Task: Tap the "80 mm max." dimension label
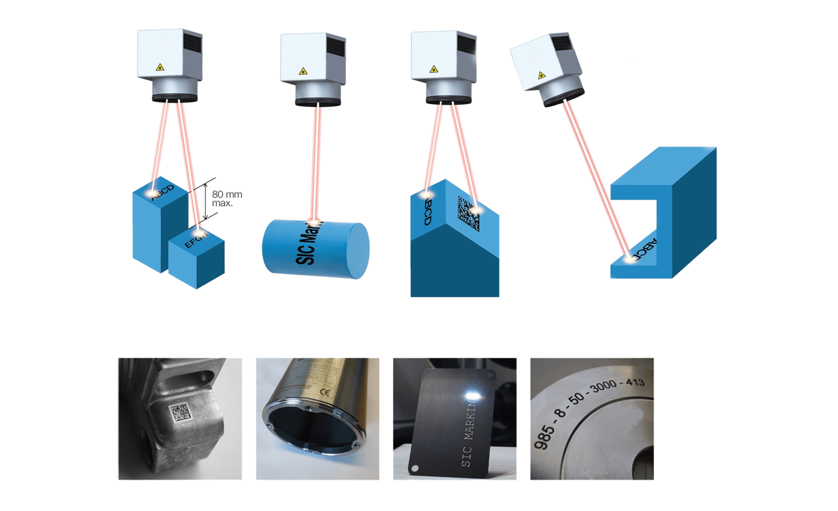tap(226, 199)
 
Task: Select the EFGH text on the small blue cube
tap(196, 241)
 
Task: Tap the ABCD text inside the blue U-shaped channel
tap(650, 250)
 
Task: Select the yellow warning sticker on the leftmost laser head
tap(159, 68)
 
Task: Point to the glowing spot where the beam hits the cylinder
tap(320, 221)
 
